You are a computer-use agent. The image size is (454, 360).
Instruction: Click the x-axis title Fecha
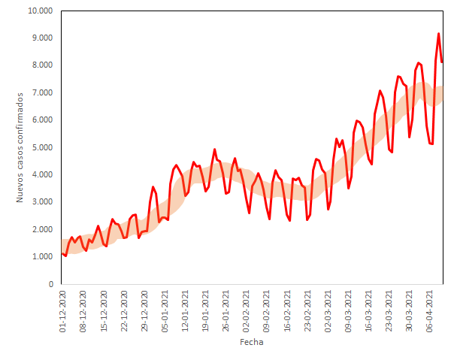(251, 342)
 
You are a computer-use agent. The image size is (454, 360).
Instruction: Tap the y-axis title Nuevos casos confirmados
(20, 147)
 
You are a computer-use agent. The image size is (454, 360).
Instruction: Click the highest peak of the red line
(439, 34)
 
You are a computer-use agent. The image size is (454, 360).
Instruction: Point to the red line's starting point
(62, 253)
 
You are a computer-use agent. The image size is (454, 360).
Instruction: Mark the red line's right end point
(443, 62)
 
